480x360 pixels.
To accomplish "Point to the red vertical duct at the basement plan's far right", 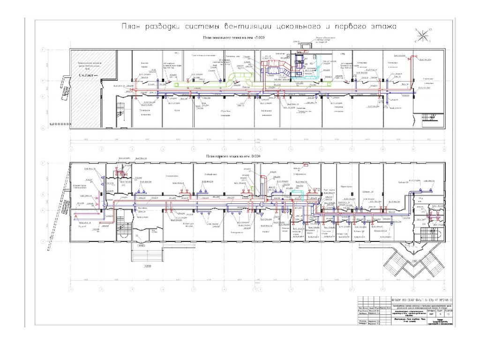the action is tap(411, 70).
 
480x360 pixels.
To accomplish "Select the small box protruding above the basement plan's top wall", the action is tap(306, 45).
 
